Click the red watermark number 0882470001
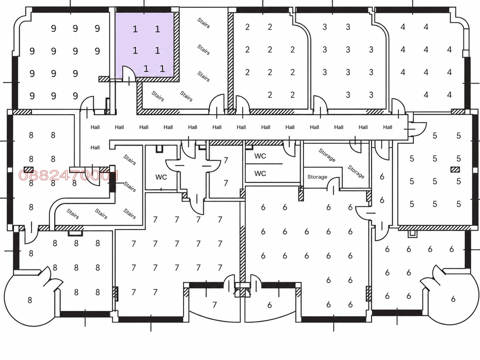coord(68,175)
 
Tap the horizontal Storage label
coord(317,177)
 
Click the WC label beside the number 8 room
coord(161,177)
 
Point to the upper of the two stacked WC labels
coord(260,156)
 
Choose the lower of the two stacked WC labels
coord(260,174)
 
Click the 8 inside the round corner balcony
coord(30,300)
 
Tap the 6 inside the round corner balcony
coord(453,299)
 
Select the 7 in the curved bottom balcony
coord(214,305)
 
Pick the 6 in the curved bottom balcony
coord(270,305)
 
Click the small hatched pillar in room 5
coord(455,170)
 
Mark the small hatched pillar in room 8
coord(29,170)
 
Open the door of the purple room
coord(129,74)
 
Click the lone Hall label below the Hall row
coord(95,148)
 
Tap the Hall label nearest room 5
coord(388,127)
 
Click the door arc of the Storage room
coord(333,183)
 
